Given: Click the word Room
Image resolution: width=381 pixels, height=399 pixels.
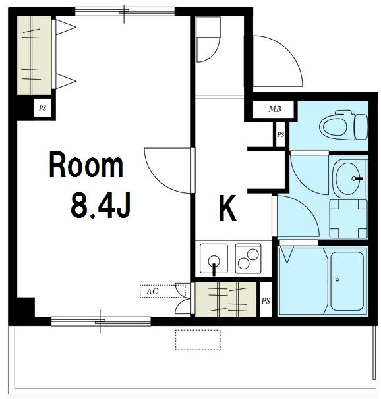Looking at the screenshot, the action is (x=86, y=165).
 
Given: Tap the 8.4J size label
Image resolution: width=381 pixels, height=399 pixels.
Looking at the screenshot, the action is (x=101, y=205).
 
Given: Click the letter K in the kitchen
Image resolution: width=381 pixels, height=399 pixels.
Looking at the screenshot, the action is (x=227, y=207).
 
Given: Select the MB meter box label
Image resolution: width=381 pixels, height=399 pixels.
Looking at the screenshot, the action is (x=275, y=109).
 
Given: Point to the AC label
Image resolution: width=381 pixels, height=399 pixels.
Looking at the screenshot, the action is (x=152, y=292).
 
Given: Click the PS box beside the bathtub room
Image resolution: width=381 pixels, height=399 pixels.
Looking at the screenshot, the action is (x=266, y=301).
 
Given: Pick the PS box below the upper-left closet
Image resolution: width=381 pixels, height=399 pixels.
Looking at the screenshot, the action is (x=43, y=108).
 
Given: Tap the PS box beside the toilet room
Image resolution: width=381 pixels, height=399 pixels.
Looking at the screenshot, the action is (x=280, y=134).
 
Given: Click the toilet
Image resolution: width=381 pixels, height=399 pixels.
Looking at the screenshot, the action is (x=345, y=125).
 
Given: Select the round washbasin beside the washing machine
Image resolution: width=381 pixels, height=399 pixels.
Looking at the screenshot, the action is (x=349, y=178).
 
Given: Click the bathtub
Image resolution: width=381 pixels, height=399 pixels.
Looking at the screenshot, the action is (x=347, y=281).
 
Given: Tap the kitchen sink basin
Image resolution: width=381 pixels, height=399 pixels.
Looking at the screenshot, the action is (x=214, y=259).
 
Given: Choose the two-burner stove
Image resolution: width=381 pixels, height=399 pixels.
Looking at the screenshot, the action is (x=249, y=259).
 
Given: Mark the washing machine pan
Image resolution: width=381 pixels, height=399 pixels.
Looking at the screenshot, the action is (x=349, y=219).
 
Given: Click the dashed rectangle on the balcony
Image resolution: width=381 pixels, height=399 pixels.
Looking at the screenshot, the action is (x=198, y=340).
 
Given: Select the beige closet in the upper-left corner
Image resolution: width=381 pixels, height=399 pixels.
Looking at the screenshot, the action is (x=34, y=55).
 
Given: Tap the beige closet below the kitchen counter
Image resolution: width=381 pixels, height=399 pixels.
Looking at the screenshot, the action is (x=225, y=299).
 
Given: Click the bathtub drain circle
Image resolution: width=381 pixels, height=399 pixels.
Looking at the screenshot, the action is (x=337, y=280).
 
